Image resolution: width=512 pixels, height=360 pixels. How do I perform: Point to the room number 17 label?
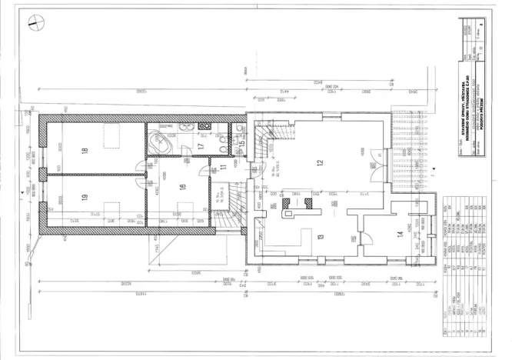(200, 146)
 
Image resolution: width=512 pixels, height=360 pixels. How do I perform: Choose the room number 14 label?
(399, 234)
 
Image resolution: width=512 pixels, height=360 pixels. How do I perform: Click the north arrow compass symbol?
(32, 24)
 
